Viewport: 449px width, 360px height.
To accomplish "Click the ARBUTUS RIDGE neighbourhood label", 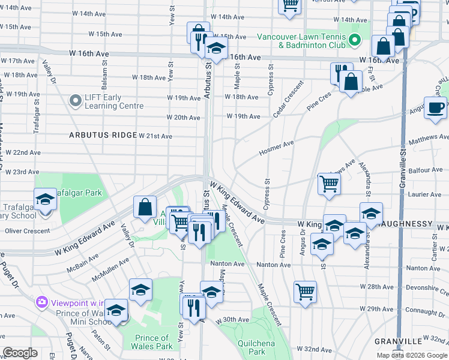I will [103, 135].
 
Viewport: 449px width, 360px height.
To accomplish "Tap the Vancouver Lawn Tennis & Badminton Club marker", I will [355, 41].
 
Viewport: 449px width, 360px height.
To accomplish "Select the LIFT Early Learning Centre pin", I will [75, 101].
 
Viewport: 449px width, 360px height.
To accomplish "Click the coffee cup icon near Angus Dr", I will [436, 108].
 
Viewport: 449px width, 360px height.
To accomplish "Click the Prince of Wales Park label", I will [154, 342].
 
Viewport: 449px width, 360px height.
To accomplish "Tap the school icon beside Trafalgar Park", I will [44, 199].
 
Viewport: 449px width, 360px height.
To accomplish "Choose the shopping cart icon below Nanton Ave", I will [305, 292].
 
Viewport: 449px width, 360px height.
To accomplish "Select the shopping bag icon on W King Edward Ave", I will [145, 208].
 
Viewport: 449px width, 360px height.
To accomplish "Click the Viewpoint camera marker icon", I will [42, 301].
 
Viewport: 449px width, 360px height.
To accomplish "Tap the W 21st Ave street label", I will [155, 136].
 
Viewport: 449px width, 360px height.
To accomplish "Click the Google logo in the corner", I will [20, 353].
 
